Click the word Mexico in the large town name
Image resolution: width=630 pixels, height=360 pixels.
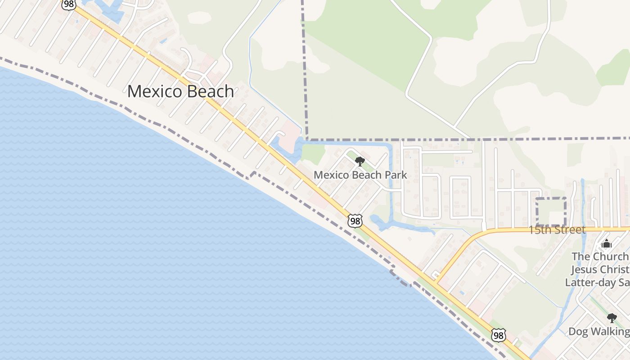coord(154,92)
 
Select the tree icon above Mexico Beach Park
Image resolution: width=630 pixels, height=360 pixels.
coord(360,162)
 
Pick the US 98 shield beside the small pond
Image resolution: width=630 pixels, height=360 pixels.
coord(355,220)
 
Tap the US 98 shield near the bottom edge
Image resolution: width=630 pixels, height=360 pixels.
coord(498,335)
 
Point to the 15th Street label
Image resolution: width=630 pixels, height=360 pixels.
coord(557,230)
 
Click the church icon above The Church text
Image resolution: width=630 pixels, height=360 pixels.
coord(607,244)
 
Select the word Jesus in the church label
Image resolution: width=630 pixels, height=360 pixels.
coord(584,270)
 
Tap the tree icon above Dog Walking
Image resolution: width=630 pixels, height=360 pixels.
coord(612,318)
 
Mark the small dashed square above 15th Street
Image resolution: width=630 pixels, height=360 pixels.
coord(551,211)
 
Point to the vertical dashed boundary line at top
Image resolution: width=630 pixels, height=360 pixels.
coord(304,67)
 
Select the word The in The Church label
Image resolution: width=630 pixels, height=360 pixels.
coord(581,256)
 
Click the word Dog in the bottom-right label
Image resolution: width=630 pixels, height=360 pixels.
coord(578,332)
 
